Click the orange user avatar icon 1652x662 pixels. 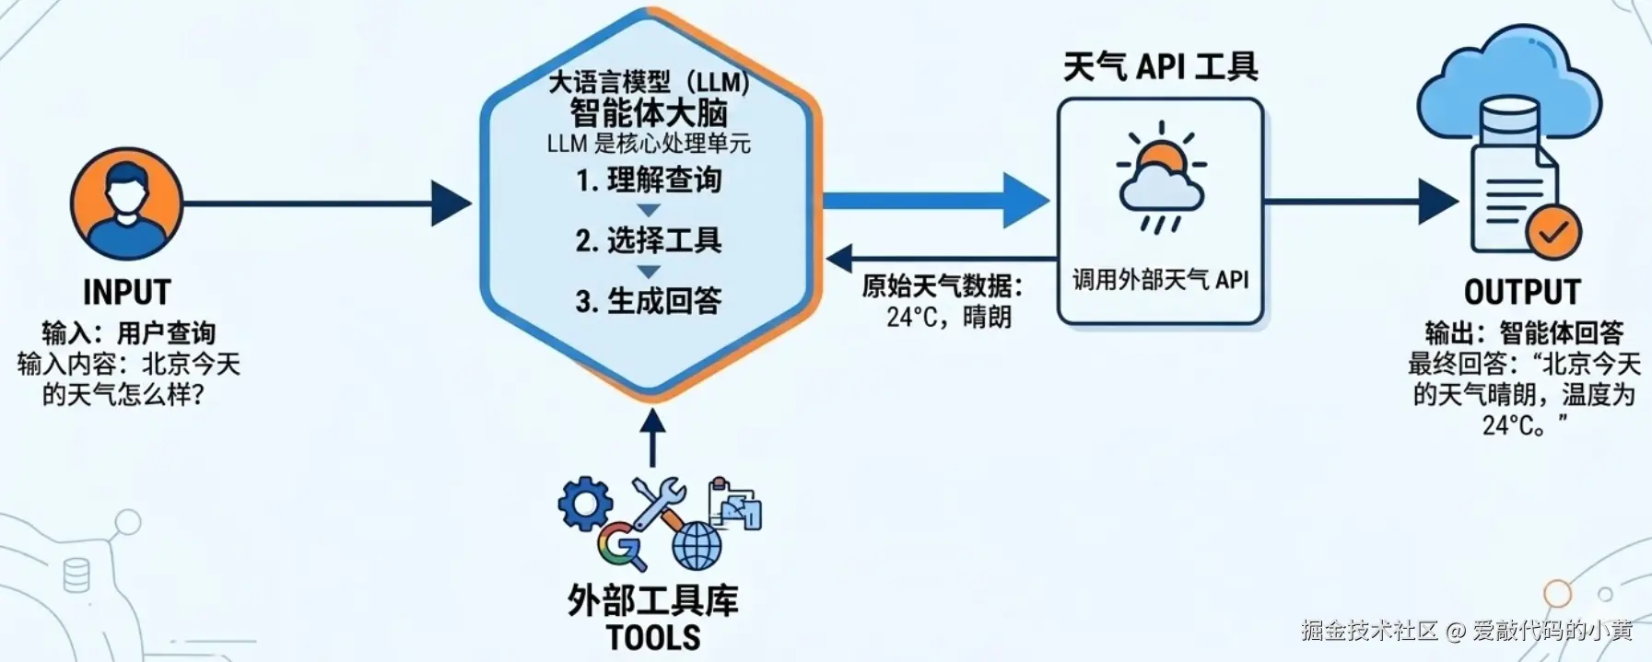tap(126, 203)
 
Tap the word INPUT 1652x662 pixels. tap(127, 293)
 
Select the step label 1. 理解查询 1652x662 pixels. tap(649, 180)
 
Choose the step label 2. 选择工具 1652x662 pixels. tap(649, 240)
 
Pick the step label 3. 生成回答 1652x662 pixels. tap(649, 300)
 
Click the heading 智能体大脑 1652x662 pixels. tap(649, 113)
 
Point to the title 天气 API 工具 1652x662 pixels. tap(1160, 67)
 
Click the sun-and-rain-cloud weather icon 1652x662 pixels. tap(1161, 180)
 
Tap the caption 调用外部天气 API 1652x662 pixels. tap(1160, 280)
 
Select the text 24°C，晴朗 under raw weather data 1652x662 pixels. tap(948, 317)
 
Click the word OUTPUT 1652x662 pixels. tap(1522, 293)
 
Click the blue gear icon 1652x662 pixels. tap(585, 503)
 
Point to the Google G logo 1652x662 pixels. tap(621, 545)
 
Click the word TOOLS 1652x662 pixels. tap(653, 638)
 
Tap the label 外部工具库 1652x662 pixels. tap(653, 601)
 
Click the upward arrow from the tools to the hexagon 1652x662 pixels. tap(652, 437)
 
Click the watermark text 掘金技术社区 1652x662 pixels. tap(1369, 631)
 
